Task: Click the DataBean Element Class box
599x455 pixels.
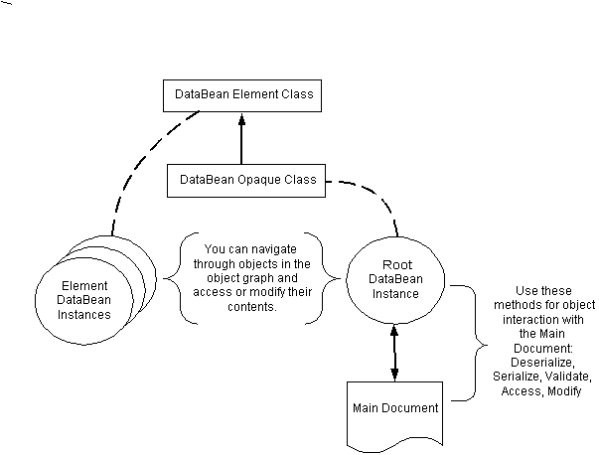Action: tap(243, 96)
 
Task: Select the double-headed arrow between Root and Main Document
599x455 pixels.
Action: tap(395, 353)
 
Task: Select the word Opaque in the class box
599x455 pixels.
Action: tap(258, 181)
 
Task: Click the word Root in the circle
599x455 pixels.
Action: tap(396, 265)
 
